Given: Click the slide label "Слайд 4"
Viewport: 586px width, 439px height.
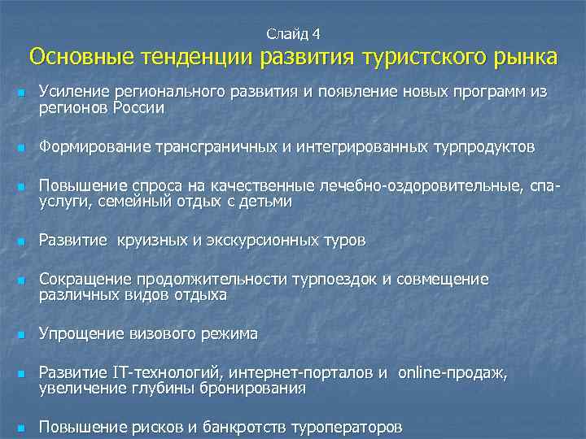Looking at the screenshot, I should (293, 33).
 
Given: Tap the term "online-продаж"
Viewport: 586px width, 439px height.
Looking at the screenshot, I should (452, 373).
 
